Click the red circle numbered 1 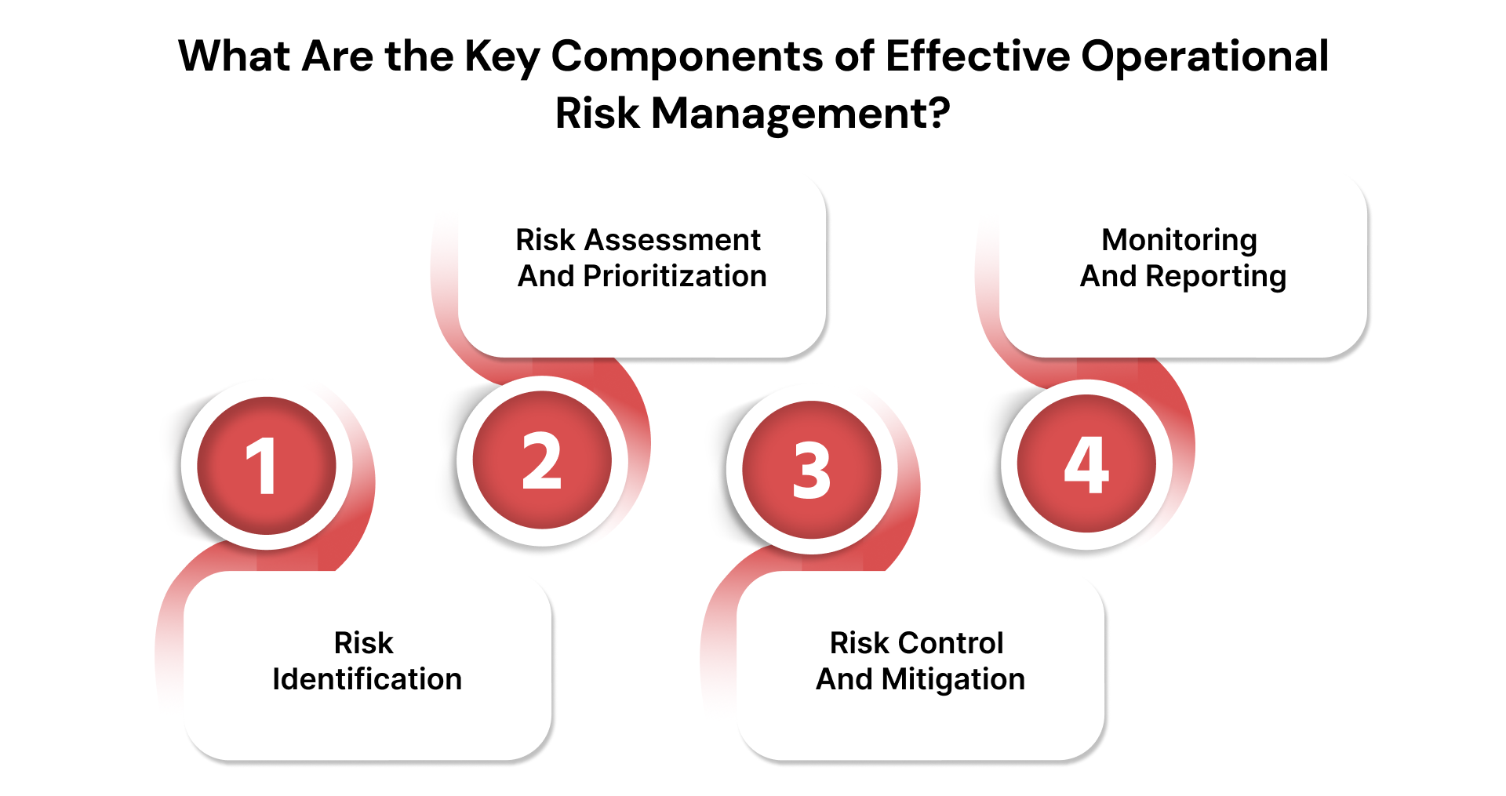coord(267,466)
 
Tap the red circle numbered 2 coord(542,461)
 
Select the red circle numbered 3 coord(812,470)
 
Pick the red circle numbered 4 coord(1086,464)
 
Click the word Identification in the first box coord(367,679)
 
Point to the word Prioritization coord(675,276)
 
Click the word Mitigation coord(953,679)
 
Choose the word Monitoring coord(1179,240)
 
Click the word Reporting coord(1216,277)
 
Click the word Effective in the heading coord(977,56)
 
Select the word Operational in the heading coord(1205,57)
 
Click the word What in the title coord(236,56)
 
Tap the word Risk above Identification coord(363,643)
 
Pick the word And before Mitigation coord(844,679)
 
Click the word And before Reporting coord(1108,276)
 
